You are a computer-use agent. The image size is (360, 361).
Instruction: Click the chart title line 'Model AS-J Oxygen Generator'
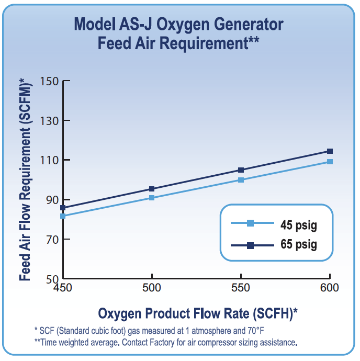click(178, 24)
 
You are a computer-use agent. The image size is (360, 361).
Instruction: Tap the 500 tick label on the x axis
click(152, 288)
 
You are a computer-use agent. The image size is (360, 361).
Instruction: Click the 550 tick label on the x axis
click(241, 288)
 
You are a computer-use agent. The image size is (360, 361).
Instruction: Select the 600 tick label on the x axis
click(329, 288)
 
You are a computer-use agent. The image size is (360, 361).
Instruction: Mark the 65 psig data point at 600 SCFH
click(330, 151)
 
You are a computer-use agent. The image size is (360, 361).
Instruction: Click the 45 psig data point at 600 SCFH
click(330, 162)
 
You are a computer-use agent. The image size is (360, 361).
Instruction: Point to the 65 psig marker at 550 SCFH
click(241, 170)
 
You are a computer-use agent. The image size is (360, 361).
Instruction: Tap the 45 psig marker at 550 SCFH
click(241, 180)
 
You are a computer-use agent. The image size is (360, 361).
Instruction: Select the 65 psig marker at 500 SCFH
click(152, 189)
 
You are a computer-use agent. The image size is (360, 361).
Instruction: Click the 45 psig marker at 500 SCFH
click(152, 198)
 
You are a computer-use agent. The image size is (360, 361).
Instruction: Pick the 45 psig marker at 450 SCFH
click(63, 216)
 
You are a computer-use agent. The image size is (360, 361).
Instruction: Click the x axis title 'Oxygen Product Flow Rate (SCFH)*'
click(198, 313)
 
